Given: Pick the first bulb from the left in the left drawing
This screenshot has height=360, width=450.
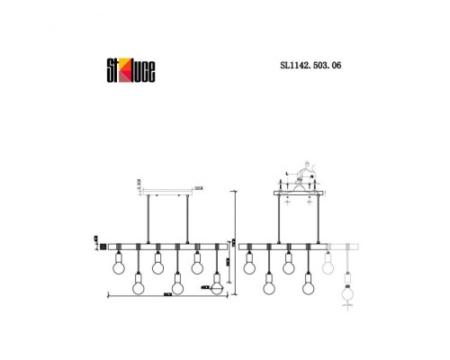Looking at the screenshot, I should click(117, 265).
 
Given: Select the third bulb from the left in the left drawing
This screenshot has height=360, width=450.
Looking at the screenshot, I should click(157, 265).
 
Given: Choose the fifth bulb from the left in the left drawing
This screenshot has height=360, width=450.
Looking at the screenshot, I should click(197, 265).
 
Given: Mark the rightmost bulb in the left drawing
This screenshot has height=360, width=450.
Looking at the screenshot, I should click(217, 287).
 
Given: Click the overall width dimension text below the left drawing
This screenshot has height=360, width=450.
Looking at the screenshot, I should click(166, 295).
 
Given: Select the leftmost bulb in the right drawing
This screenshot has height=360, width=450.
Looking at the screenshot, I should click(249, 265).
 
